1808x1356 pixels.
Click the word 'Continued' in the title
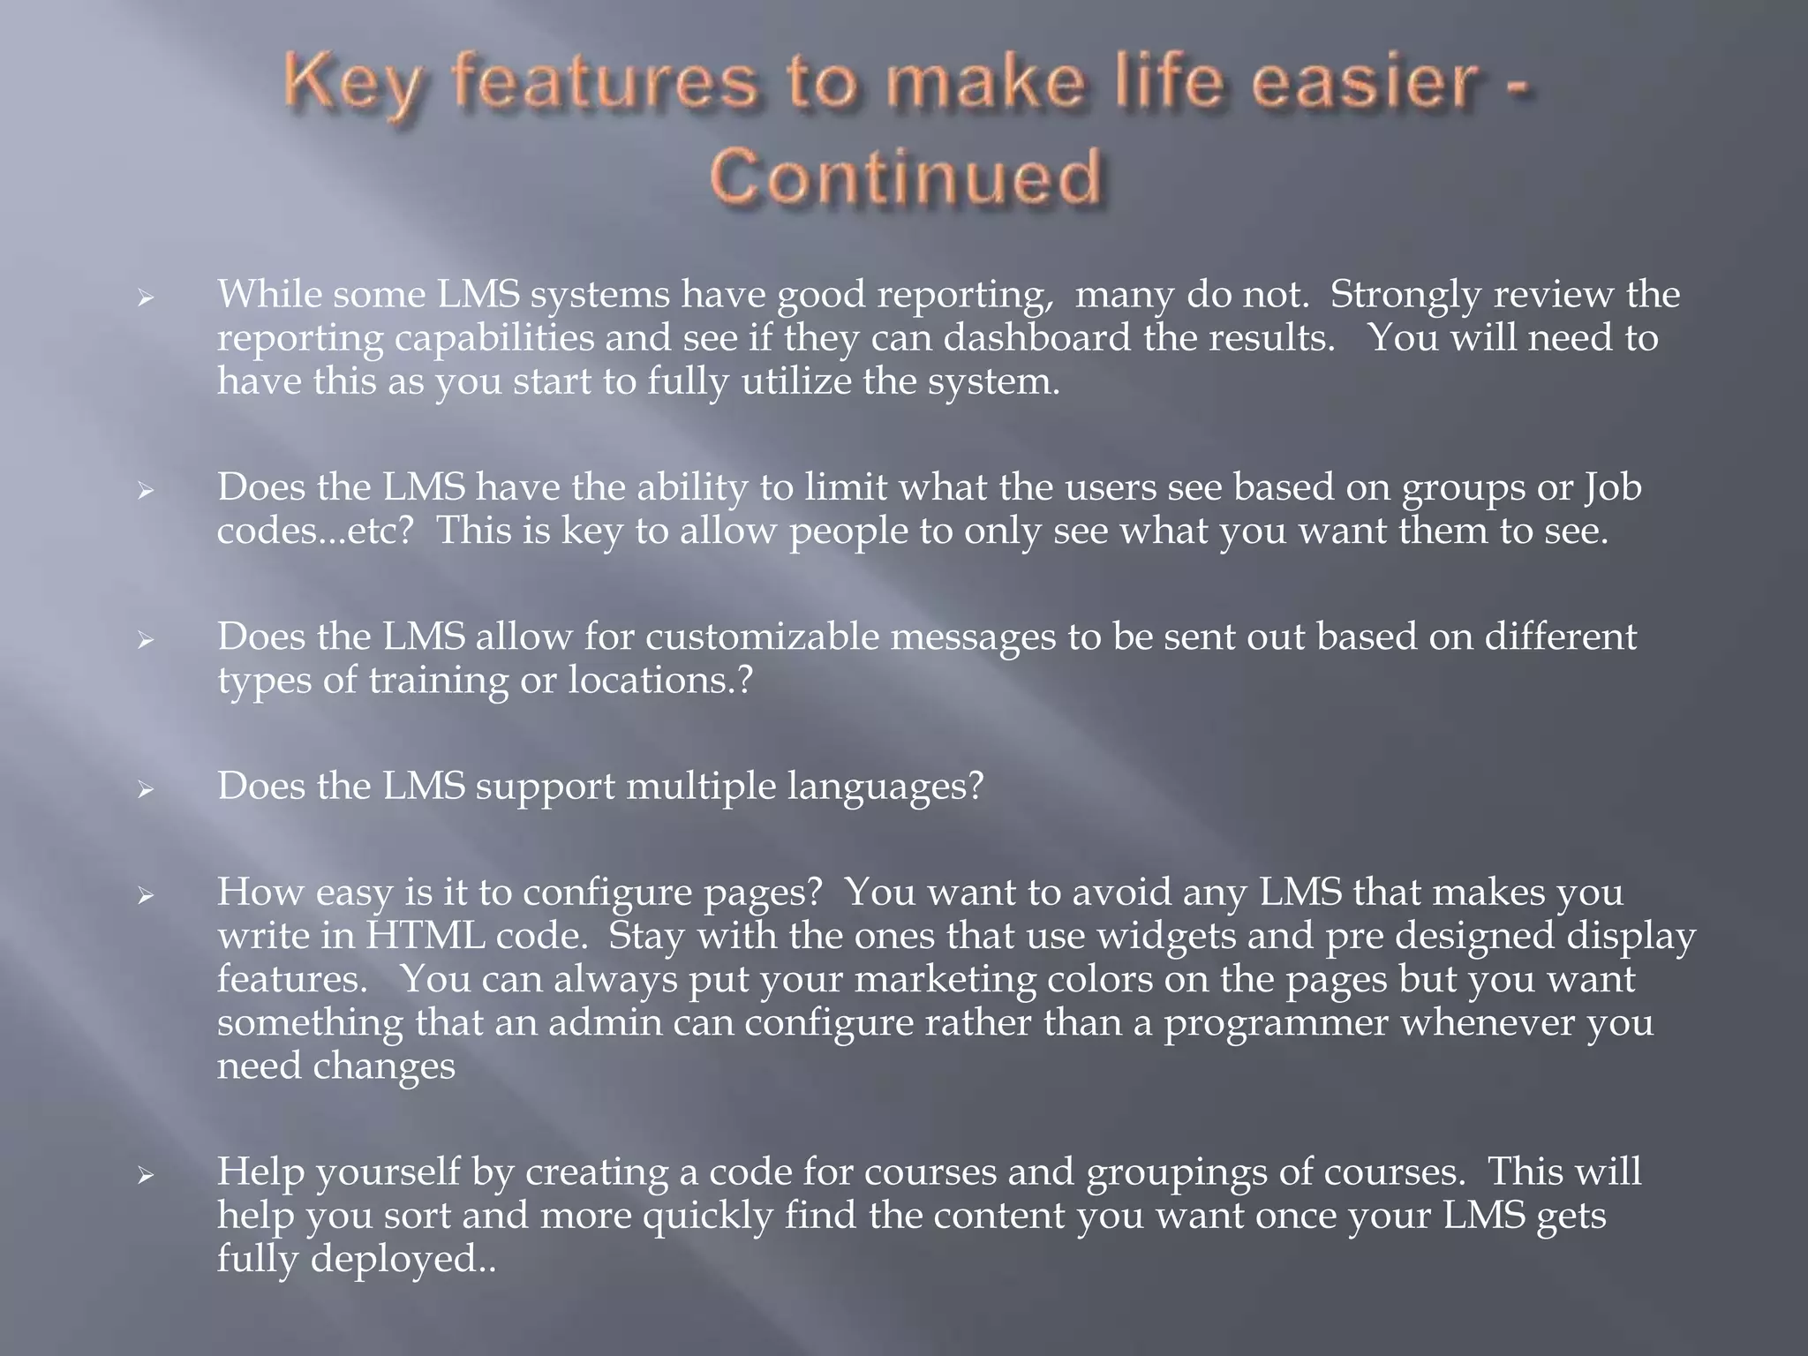[x=906, y=178]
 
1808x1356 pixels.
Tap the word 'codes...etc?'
[x=314, y=531]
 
